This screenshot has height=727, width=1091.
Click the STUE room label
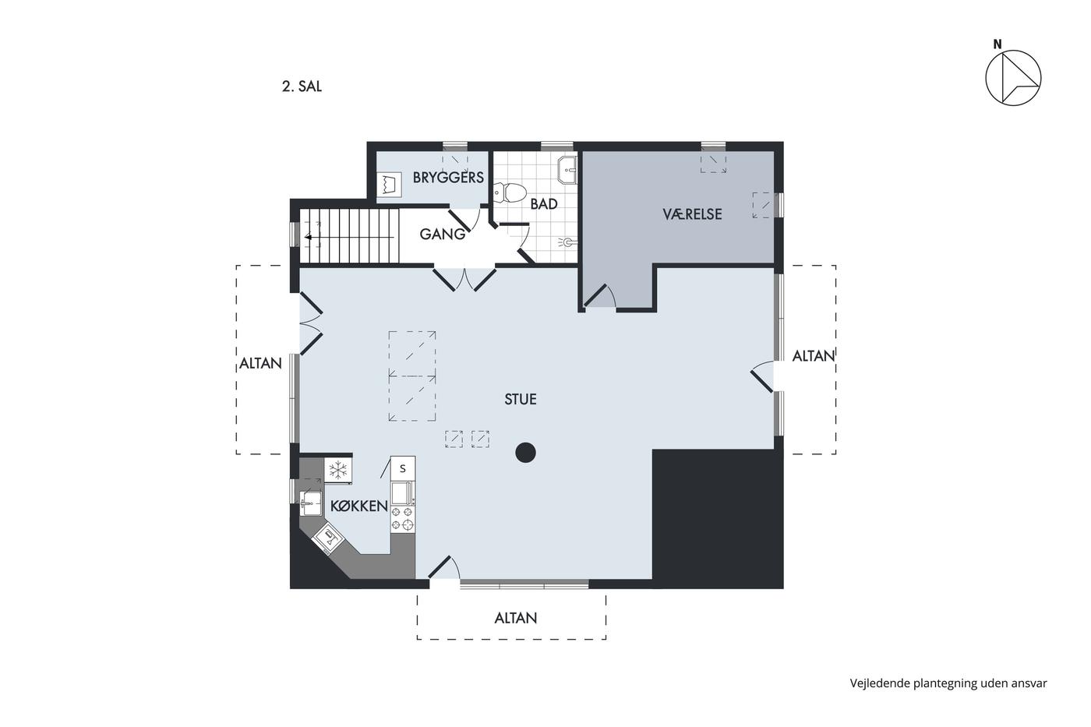coord(521,399)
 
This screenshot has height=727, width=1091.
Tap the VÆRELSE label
coord(692,214)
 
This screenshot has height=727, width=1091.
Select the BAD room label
coord(544,204)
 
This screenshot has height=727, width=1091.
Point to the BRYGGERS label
coord(448,177)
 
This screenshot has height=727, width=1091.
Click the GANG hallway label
coord(443,235)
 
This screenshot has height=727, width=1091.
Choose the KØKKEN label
coord(359,506)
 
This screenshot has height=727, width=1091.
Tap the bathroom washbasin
coord(567,170)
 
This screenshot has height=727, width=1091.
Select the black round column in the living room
coord(525,453)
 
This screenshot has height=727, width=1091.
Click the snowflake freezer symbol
coord(338,471)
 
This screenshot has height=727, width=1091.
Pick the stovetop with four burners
coord(403,518)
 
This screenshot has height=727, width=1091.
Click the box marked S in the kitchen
coord(403,468)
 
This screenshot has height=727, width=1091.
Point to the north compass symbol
coord(1013,78)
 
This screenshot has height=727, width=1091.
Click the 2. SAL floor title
coord(302,86)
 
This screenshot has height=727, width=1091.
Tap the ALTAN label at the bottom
coord(516,619)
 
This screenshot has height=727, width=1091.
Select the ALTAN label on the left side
coord(260,363)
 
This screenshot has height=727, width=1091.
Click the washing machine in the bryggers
coord(389,185)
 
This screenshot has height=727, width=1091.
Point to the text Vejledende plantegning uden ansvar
coord(948,683)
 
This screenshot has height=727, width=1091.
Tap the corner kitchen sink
coord(327,539)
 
